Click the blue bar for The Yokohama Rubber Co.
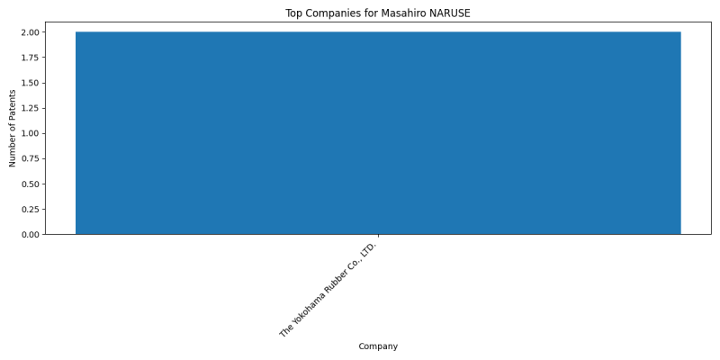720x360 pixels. [x=378, y=133]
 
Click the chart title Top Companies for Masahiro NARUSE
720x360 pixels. [x=378, y=13]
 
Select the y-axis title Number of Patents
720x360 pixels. [x=13, y=128]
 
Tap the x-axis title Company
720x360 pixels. [x=378, y=346]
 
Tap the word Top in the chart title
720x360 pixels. [x=293, y=13]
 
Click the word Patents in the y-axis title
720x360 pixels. [x=13, y=103]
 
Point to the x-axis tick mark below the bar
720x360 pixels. [x=378, y=236]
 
